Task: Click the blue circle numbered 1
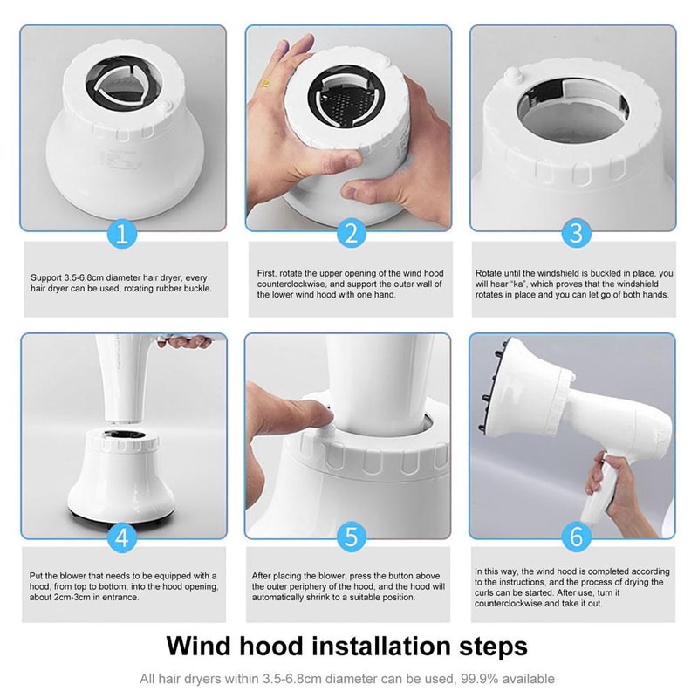(x=123, y=233)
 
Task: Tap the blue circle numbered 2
(x=349, y=233)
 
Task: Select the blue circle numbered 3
(x=575, y=233)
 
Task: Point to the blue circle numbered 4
(x=123, y=537)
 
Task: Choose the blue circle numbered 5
(x=349, y=537)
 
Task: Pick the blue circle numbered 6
(x=575, y=537)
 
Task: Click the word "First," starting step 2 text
(x=268, y=272)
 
